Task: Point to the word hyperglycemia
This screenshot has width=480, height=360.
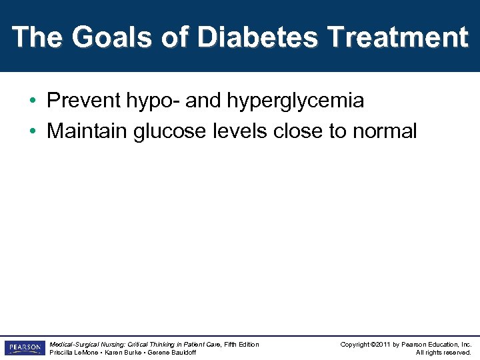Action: (295, 101)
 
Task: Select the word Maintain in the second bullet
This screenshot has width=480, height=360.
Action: (88, 131)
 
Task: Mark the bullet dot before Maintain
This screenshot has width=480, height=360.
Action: (32, 131)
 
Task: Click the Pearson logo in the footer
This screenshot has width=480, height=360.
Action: (24, 348)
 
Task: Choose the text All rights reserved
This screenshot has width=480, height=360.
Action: (443, 352)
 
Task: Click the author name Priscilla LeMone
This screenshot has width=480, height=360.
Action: (74, 352)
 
